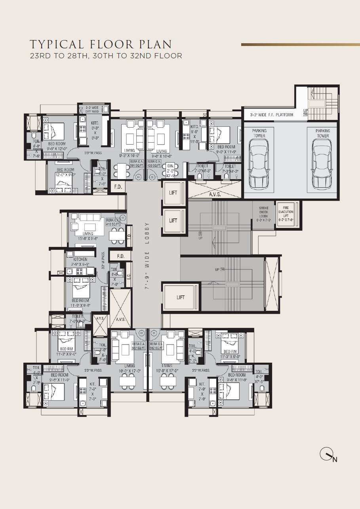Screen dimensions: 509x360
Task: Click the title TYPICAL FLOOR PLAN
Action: (101, 44)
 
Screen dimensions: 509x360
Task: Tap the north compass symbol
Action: (327, 455)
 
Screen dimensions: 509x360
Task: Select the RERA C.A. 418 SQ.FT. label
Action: (113, 222)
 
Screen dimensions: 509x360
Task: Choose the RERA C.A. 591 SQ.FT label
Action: (137, 164)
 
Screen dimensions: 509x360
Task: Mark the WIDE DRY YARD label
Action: (92, 109)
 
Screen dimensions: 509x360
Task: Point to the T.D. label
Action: (129, 237)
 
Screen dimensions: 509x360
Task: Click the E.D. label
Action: (129, 277)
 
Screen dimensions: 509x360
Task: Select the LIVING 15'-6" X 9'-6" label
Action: (88, 236)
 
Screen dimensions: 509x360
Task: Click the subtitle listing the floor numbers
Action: (106, 56)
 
